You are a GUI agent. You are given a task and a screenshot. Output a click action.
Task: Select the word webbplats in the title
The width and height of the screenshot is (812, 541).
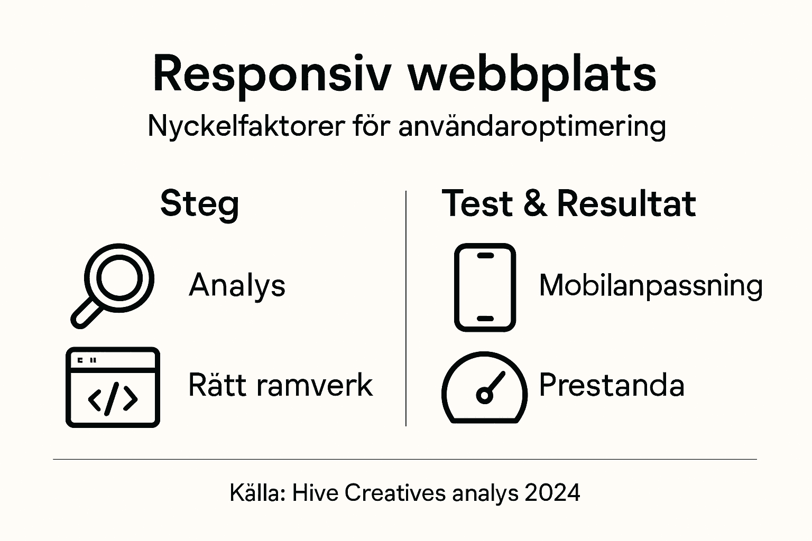click(x=532, y=74)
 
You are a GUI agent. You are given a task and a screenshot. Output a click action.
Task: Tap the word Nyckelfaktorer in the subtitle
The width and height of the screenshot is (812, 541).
click(x=246, y=127)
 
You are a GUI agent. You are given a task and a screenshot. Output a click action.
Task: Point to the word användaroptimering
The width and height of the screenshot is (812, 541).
click(x=531, y=127)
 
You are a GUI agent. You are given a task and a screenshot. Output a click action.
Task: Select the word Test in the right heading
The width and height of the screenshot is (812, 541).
click(x=477, y=204)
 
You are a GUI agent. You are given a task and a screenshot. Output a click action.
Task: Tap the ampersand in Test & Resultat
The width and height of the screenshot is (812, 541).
click(x=535, y=204)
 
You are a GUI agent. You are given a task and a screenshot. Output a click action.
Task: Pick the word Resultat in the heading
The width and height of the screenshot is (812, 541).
click(x=626, y=204)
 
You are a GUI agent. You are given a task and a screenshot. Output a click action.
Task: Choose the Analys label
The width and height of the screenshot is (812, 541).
click(x=237, y=285)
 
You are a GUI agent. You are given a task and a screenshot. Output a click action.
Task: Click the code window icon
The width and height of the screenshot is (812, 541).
click(x=113, y=387)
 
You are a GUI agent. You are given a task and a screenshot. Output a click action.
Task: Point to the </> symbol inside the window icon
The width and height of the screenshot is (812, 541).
click(x=113, y=399)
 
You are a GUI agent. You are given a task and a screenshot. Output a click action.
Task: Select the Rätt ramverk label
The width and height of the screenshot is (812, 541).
click(x=280, y=385)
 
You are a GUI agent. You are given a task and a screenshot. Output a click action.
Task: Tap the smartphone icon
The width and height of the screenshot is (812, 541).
click(x=485, y=287)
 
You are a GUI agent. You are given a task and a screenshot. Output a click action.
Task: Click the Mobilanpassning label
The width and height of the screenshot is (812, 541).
click(x=651, y=286)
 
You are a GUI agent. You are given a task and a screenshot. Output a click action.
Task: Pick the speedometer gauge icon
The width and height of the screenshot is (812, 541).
click(x=484, y=388)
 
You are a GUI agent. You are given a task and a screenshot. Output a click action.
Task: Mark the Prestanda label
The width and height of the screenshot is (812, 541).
click(x=611, y=385)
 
